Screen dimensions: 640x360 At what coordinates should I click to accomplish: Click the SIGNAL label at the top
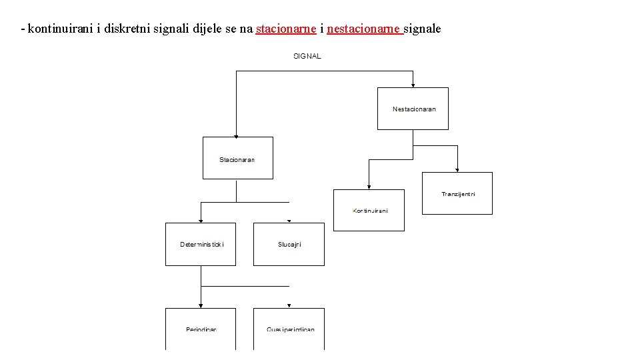point(307,56)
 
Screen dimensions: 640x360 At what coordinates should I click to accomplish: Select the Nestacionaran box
point(413,109)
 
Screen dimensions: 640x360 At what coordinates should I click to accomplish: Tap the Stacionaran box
point(237,158)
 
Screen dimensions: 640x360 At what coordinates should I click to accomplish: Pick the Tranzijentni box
point(457,193)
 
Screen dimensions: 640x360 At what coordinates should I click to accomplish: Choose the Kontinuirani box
point(369,210)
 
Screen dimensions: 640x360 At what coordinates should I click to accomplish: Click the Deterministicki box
point(201,244)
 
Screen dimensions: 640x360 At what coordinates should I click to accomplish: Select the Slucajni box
point(289,244)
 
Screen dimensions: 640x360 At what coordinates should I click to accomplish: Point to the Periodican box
point(201,329)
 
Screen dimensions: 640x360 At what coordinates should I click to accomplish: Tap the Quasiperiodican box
point(289,329)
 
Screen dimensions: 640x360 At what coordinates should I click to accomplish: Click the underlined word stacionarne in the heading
point(285,29)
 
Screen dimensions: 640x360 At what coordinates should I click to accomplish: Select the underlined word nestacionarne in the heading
point(365,29)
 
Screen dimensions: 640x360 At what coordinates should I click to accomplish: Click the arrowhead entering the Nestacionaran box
point(413,85)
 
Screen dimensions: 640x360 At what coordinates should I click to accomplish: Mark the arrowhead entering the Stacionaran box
point(236,134)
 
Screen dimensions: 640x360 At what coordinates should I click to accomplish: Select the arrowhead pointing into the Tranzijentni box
point(458,169)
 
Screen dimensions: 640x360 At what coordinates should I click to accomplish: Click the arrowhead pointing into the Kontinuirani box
point(369,187)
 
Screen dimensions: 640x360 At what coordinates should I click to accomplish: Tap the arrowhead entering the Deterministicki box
point(201,220)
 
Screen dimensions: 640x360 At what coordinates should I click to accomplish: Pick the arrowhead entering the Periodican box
point(201,305)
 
